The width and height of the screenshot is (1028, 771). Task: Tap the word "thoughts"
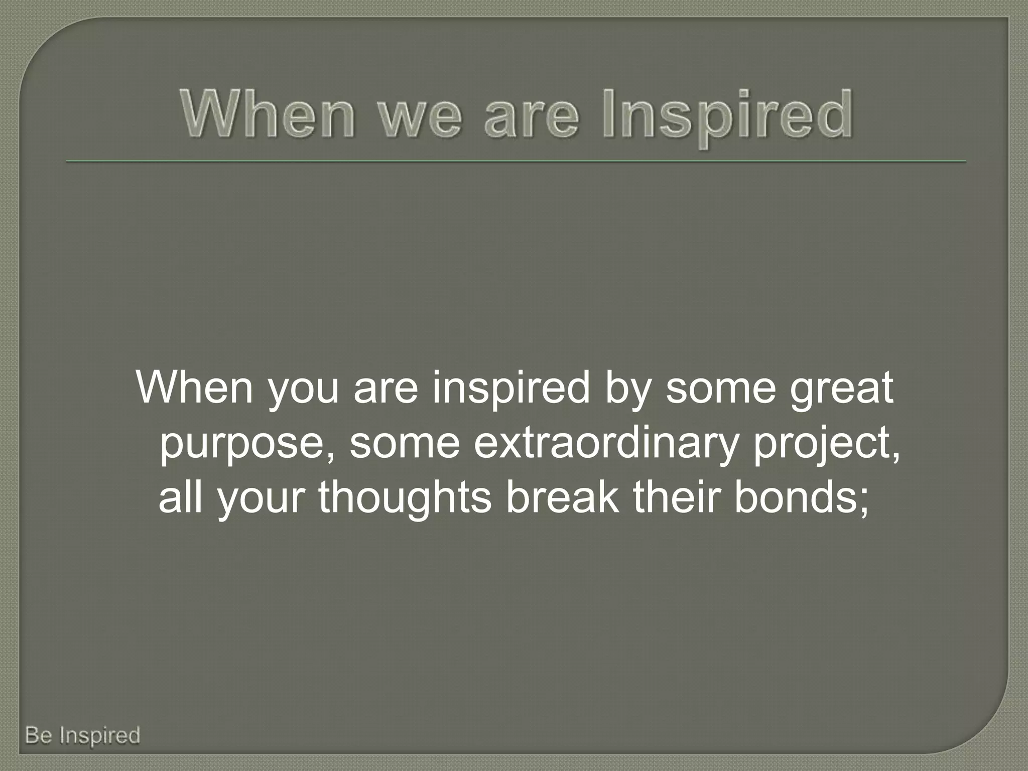405,499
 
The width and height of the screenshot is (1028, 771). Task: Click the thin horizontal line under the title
516,162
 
